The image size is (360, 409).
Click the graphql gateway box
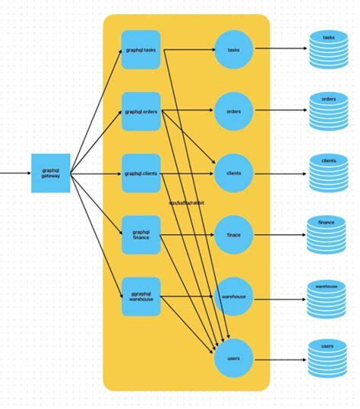(x=50, y=173)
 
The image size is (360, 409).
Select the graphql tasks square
(x=141, y=50)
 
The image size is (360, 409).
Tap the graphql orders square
(x=141, y=112)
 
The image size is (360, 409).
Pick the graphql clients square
(x=141, y=173)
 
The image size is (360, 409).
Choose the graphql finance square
(x=141, y=235)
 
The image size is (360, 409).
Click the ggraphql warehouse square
(x=141, y=296)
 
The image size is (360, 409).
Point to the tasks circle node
(x=233, y=50)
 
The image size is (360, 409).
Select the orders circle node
(x=233, y=112)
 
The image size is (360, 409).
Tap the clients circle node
(x=233, y=173)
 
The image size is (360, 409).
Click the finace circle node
(x=233, y=235)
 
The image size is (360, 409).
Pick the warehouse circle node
(x=233, y=296)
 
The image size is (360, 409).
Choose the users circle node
(x=233, y=357)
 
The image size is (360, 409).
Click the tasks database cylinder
(x=328, y=50)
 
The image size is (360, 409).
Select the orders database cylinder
(x=328, y=112)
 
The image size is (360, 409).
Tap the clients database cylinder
(x=328, y=173)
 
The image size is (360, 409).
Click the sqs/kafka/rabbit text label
(x=186, y=204)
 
